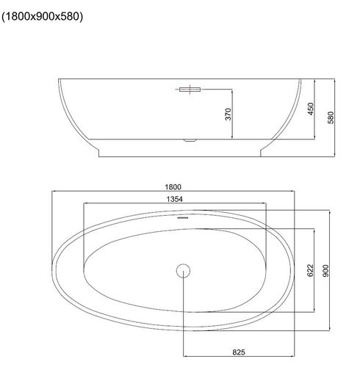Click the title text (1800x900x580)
coord(42,17)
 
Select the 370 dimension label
coord(228,115)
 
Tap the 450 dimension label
coord(311,109)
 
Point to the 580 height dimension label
coord(331,117)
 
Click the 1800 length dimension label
coord(173,187)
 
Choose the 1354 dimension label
coord(174,199)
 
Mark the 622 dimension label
coord(310,270)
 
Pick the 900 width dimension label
coord(325,271)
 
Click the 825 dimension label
coord(239,352)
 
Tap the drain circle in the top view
coord(183,271)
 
